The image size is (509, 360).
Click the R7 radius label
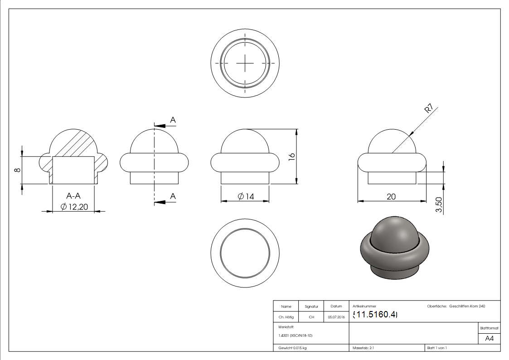coord(429,108)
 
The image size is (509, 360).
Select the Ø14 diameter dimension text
coord(246,196)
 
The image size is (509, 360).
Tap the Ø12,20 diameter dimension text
coord(74,207)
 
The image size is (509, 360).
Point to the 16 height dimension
coord(291,156)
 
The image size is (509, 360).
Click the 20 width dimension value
coord(391,197)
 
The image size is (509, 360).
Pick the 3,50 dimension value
coord(439,205)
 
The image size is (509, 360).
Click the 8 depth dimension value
coord(18,170)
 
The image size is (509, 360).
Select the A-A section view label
coord(73,196)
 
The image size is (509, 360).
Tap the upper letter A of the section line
coord(173,120)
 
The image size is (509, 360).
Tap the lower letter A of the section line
coord(173,196)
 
